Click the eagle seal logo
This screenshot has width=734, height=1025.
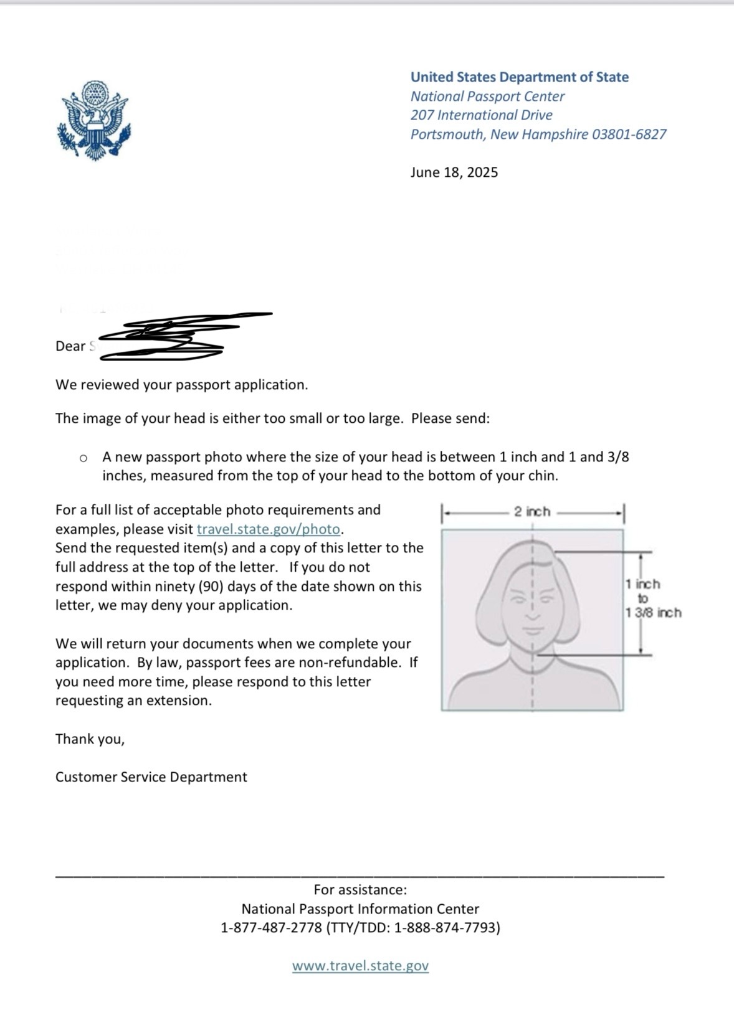(x=94, y=121)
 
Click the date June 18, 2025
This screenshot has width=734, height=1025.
(x=454, y=172)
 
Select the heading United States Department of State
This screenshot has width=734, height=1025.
(x=519, y=77)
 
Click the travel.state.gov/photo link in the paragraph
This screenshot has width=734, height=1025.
(x=269, y=529)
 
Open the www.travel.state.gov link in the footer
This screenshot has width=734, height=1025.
(x=360, y=966)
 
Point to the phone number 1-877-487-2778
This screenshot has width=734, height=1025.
(x=271, y=928)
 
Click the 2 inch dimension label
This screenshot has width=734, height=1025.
(x=532, y=512)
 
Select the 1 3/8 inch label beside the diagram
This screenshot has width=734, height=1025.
(x=654, y=613)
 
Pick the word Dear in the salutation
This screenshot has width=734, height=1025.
(x=70, y=346)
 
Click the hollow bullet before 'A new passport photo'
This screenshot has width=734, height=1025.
(x=83, y=458)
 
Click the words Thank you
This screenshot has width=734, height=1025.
(x=90, y=739)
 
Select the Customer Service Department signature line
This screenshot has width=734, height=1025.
(x=151, y=777)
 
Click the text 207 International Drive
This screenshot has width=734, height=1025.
(x=481, y=115)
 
